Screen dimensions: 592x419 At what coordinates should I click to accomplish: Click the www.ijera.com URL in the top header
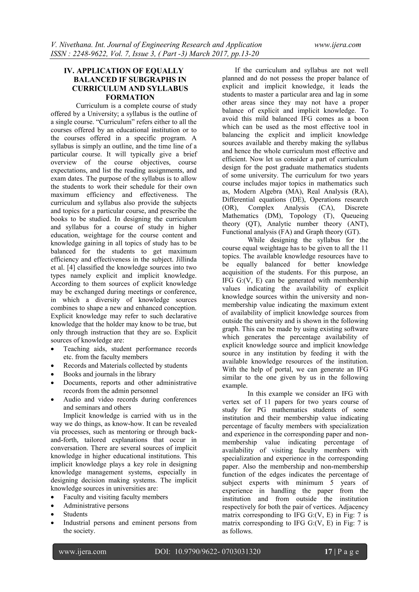pyautogui.click(x=338, y=45)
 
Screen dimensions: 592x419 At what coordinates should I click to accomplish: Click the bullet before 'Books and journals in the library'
pyautogui.click(x=53, y=374)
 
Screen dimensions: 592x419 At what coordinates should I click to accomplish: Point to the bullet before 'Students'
pyautogui.click(x=53, y=514)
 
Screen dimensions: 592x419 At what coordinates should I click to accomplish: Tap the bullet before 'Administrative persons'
pyautogui.click(x=53, y=506)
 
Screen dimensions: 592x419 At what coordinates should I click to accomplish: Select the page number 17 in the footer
pyautogui.click(x=328, y=552)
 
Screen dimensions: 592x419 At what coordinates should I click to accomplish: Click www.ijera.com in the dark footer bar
pyautogui.click(x=83, y=552)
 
